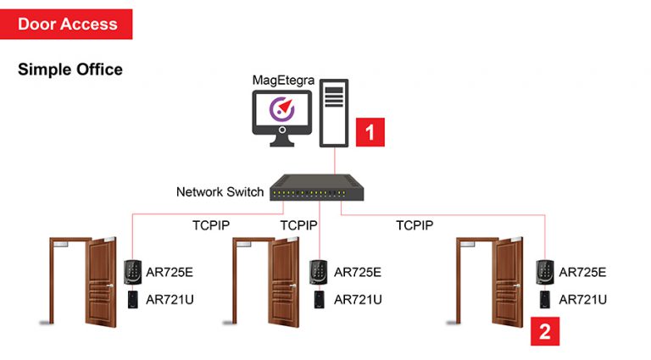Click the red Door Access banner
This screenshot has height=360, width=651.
[67, 24]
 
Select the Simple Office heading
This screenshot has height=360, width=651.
[70, 69]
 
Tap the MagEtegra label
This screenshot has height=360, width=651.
[282, 80]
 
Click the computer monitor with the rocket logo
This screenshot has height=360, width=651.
[282, 114]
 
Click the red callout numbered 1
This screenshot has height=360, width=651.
[370, 132]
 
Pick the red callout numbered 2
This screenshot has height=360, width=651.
[545, 330]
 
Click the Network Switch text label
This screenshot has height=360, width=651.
[220, 191]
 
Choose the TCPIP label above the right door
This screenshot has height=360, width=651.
[415, 225]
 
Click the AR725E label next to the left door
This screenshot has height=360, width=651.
[170, 272]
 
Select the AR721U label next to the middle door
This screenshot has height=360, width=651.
[358, 299]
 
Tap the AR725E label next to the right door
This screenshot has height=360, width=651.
[583, 272]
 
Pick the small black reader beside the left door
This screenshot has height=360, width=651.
[134, 299]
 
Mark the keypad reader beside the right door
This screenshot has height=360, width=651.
[543, 271]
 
